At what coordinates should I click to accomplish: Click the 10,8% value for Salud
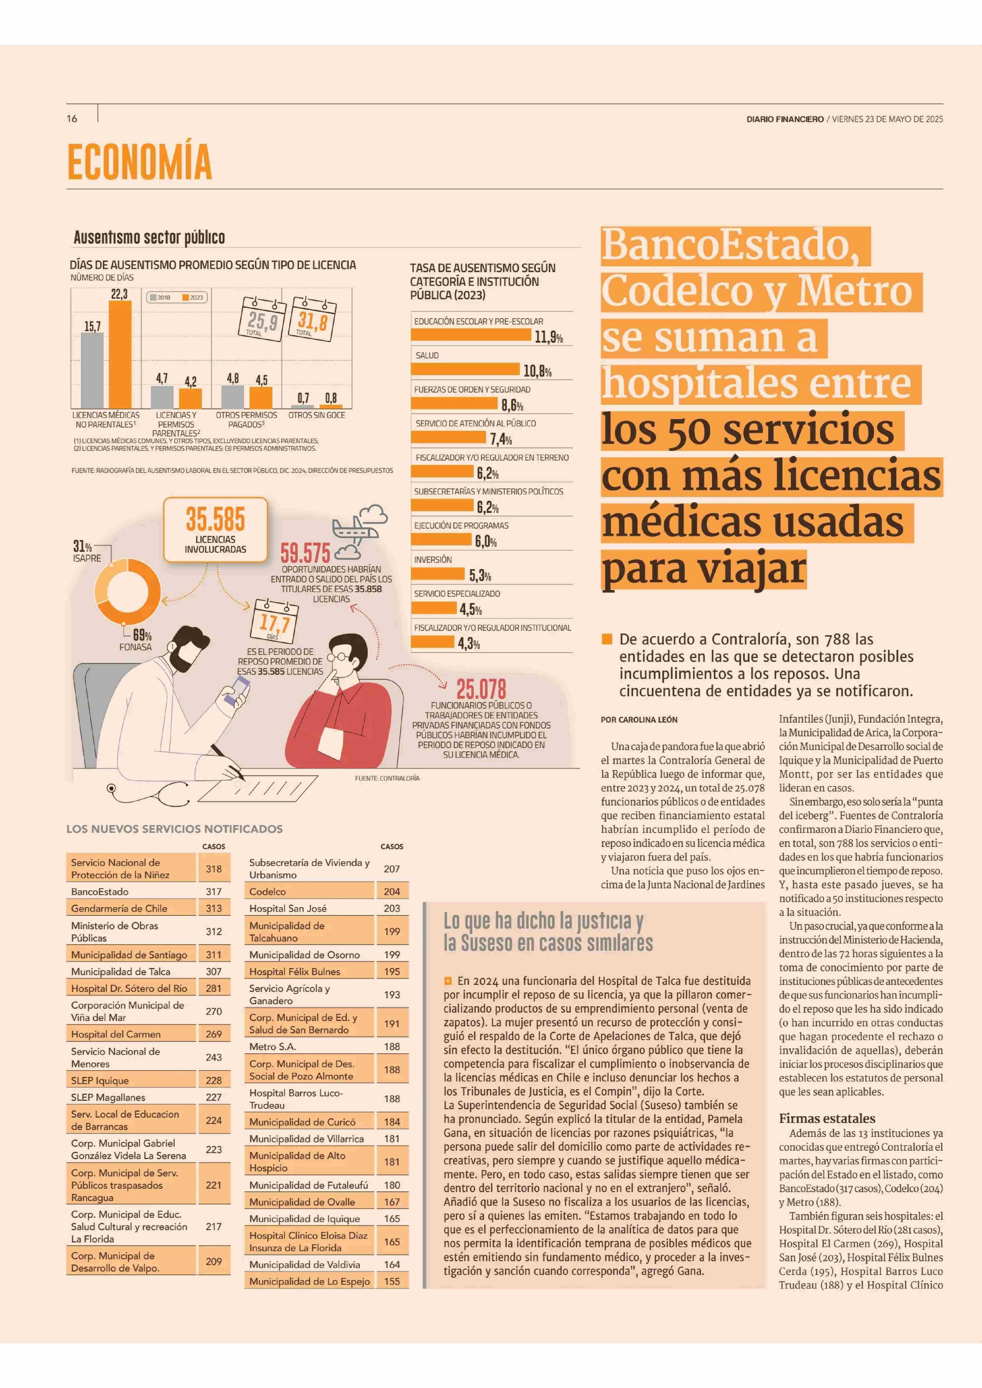[x=537, y=371]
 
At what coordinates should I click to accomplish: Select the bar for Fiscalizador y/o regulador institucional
[x=434, y=642]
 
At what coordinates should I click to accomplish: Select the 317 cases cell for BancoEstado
[x=214, y=891]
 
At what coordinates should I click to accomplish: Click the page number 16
[x=72, y=118]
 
